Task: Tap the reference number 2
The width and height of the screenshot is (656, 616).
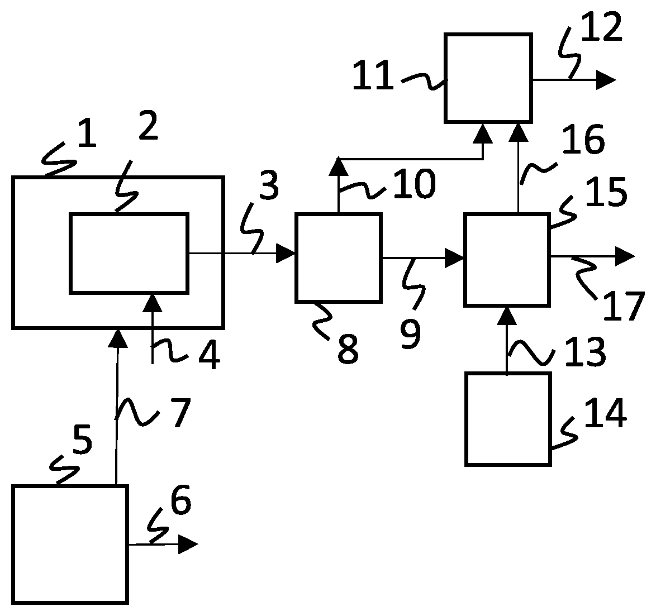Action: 148,126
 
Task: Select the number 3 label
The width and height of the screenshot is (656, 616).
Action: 269,185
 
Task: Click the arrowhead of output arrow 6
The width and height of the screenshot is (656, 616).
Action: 188,544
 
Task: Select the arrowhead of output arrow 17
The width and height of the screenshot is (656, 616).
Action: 625,256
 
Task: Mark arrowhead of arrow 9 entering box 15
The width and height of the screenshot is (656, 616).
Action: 454,258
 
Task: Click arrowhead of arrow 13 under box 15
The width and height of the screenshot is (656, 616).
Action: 507,316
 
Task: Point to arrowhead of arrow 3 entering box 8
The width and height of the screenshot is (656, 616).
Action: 286,253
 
